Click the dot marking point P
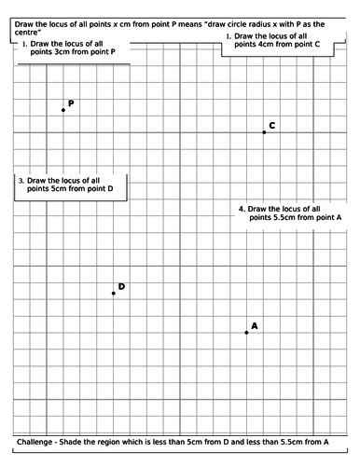pyautogui.click(x=63, y=110)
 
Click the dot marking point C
pyautogui.click(x=264, y=132)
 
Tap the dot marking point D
pyautogui.click(x=114, y=294)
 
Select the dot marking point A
pyautogui.click(x=246, y=332)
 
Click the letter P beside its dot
pyautogui.click(x=71, y=103)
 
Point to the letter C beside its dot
pyautogui.click(x=271, y=125)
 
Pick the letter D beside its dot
pyautogui.click(x=121, y=286)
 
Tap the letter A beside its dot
pyautogui.click(x=255, y=325)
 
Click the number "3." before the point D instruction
pyautogui.click(x=21, y=180)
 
